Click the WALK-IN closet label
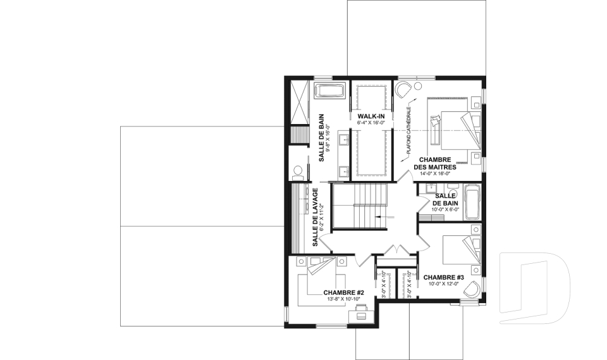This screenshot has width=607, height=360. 371,116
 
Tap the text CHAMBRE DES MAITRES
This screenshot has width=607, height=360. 435,163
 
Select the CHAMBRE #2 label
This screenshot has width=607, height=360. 344,292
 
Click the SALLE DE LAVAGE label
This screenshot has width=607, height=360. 315,218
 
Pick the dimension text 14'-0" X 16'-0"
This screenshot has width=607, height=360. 435,173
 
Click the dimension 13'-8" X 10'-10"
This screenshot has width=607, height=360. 344,299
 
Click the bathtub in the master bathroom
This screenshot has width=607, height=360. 330,91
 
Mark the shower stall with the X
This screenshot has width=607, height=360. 298,102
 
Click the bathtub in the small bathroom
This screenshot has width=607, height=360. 472,202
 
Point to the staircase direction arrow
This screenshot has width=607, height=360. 384,216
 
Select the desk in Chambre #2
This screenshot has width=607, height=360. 361,314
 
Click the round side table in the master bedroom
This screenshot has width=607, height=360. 418,86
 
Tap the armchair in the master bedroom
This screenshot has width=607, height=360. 403,89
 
